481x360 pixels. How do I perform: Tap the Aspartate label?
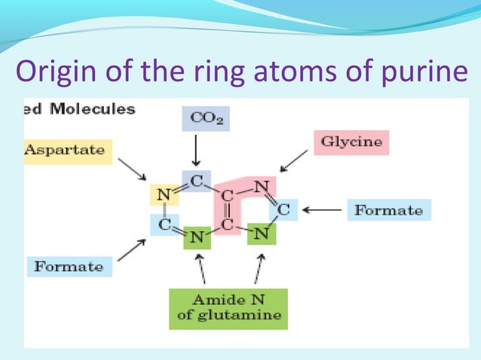point(68,150)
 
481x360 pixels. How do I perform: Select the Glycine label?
point(351,142)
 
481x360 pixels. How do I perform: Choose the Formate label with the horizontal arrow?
point(388,210)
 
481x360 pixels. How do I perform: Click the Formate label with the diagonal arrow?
point(69,266)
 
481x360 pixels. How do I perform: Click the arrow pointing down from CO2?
point(195,149)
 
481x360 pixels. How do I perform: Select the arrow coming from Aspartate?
point(133,170)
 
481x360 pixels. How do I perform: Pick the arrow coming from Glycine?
point(294,160)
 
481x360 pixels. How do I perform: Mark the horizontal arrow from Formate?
point(320,210)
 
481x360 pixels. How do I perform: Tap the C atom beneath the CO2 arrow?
point(195,182)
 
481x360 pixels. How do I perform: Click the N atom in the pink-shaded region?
point(262,184)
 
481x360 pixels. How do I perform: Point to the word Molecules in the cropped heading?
point(93,109)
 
